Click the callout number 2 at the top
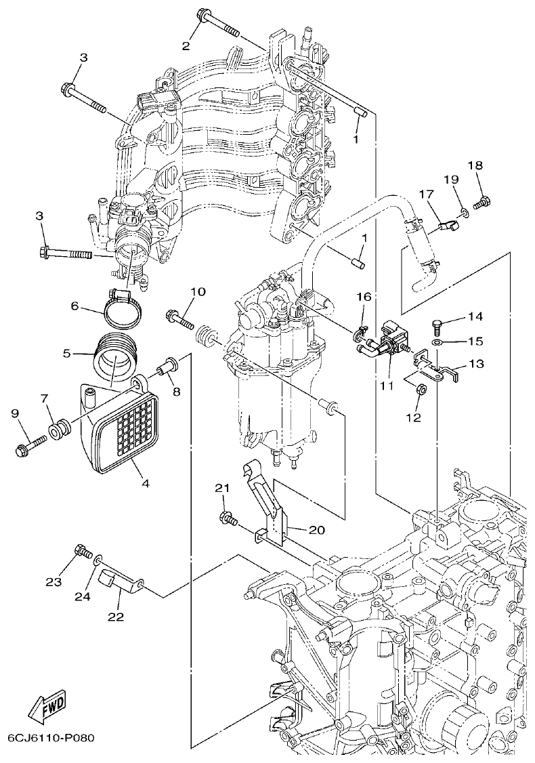pos(186,45)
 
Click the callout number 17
pos(425,194)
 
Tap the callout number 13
pos(476,364)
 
